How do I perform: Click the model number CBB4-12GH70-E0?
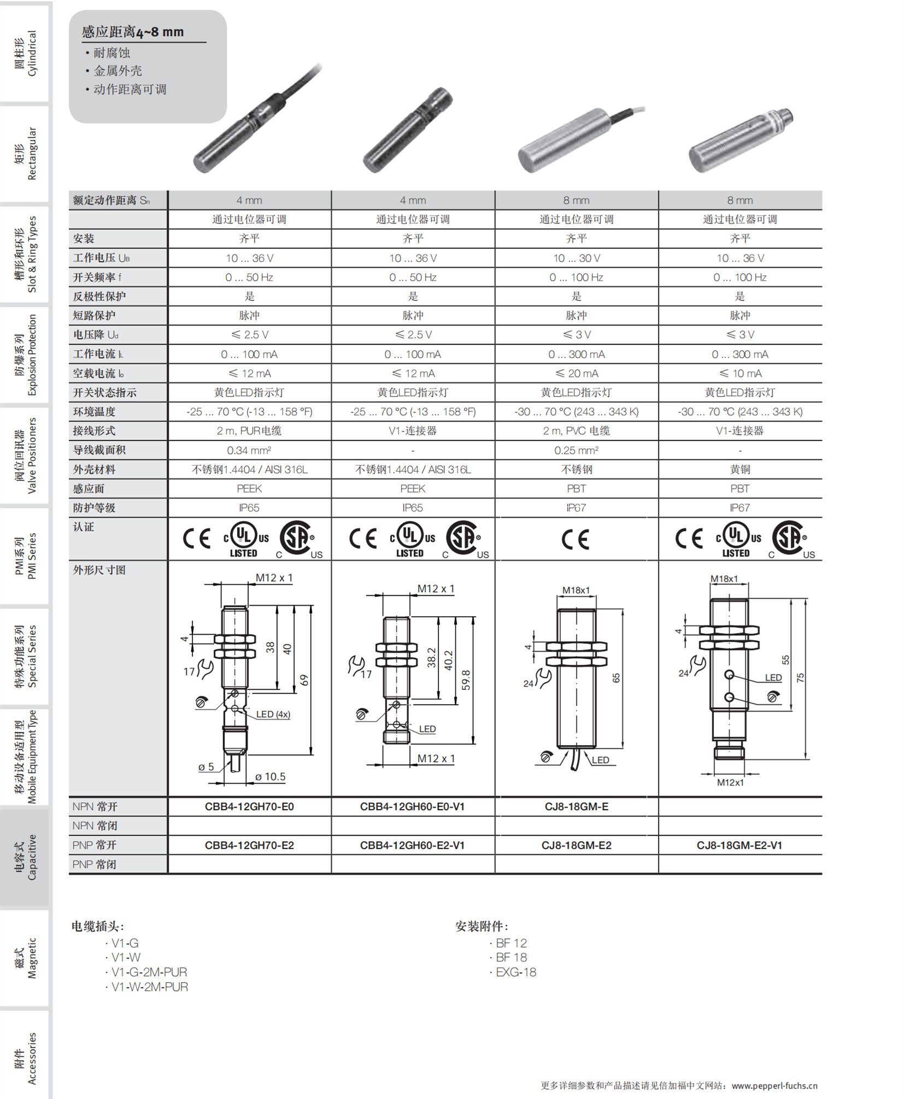coord(249,807)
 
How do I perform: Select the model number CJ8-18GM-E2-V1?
coord(739,846)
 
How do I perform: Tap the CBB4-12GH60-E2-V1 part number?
coord(412,846)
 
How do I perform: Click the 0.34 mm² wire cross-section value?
coord(249,451)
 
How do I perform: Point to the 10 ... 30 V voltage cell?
coord(576,258)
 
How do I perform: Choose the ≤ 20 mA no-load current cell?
coord(576,374)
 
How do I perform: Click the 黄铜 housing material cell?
coord(739,470)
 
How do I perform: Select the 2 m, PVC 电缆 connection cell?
coord(576,431)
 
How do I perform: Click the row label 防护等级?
coord(95,508)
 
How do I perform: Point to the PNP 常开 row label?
coord(95,846)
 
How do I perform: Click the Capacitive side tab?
coord(25,857)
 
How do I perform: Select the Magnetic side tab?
coord(25,958)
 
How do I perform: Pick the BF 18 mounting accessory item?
coord(511,958)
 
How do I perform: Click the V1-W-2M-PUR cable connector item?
coord(149,987)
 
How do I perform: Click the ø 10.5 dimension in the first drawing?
coord(271,777)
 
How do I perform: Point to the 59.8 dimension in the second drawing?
coord(466,680)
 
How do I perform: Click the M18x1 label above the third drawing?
coord(576,590)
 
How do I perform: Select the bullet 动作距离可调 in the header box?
coord(130,90)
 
